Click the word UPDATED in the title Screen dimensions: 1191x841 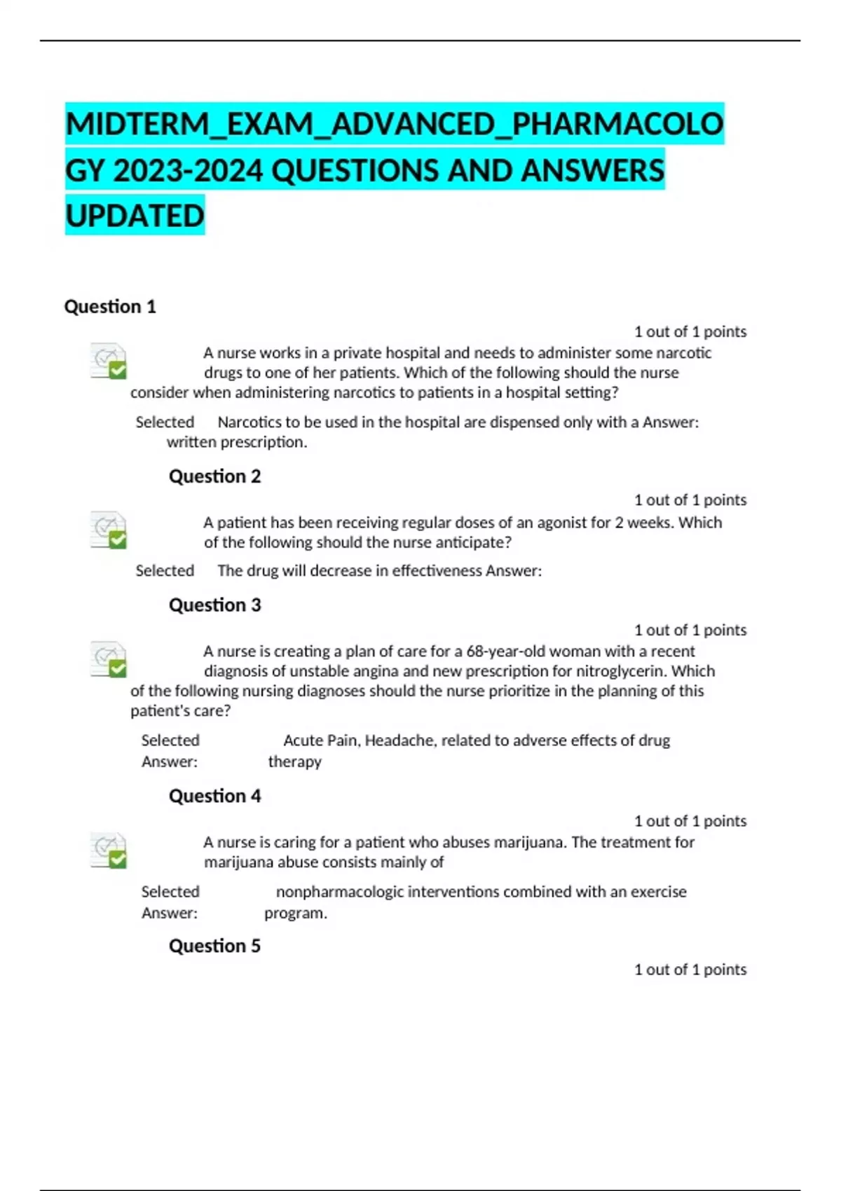[135, 216]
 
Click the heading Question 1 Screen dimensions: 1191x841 [110, 307]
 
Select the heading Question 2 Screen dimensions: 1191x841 [214, 476]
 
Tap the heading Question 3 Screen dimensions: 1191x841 [214, 605]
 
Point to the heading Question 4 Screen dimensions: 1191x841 [214, 796]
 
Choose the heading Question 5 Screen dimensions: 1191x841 [214, 946]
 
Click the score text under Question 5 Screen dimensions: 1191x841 [690, 970]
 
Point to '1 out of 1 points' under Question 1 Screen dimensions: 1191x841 [690, 331]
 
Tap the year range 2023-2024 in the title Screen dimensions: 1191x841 [188, 171]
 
